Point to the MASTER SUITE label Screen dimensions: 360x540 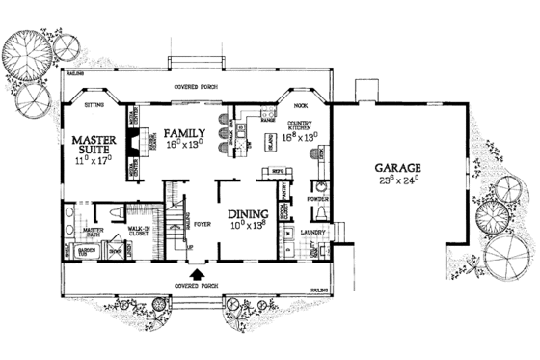pyautogui.click(x=94, y=145)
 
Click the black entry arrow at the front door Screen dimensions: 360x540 pyautogui.click(x=199, y=275)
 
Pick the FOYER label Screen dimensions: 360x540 pyautogui.click(x=201, y=223)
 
